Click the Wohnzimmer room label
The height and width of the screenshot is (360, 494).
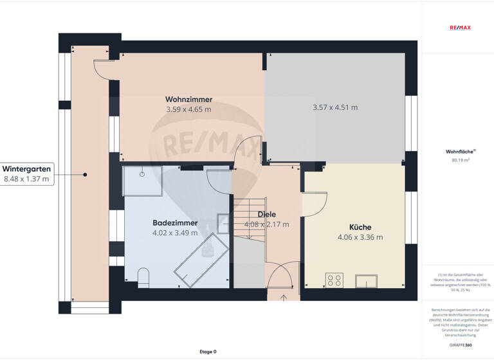pos(188,100)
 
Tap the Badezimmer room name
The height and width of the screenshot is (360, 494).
pos(175,223)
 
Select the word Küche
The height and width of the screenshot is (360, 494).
pos(360,227)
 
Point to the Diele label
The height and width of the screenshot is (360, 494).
pos(266,214)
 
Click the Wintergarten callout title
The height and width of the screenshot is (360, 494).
pos(26,169)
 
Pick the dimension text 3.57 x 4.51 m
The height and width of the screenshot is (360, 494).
pos(335,107)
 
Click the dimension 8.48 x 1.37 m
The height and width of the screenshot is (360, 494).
pos(26,179)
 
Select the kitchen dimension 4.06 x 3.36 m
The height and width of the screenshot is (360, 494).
pos(360,237)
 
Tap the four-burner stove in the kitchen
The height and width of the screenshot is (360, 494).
pos(334,280)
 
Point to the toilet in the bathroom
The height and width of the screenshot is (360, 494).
pos(144,277)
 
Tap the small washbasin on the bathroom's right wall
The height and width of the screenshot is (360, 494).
pos(223,223)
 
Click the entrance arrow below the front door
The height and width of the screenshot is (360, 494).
pos(284,298)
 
